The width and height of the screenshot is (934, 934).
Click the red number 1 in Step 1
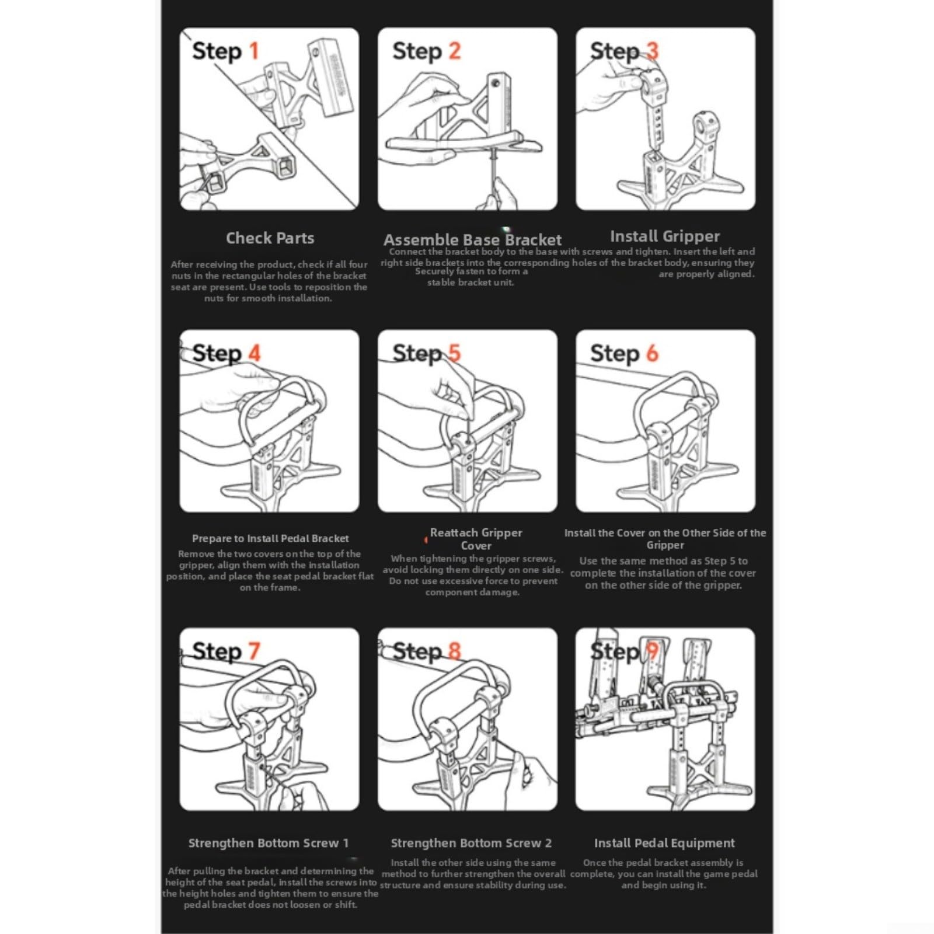pos(254,51)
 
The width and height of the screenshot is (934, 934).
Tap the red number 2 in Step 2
pos(454,51)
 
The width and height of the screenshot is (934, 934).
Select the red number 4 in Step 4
pos(254,353)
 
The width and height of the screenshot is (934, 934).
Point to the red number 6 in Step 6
pos(652,353)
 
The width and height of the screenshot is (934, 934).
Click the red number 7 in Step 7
pos(254,650)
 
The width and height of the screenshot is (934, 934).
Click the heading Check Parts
pos(270,238)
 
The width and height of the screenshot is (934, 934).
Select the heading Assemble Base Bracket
pos(472,240)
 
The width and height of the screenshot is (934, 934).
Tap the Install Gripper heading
pos(665,236)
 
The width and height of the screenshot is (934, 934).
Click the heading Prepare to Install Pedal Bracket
pos(270,538)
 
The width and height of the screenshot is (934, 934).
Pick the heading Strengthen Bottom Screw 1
pos(268,843)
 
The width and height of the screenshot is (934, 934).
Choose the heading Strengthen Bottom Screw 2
pos(471,843)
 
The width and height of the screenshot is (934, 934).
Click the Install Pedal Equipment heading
pos(664,843)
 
